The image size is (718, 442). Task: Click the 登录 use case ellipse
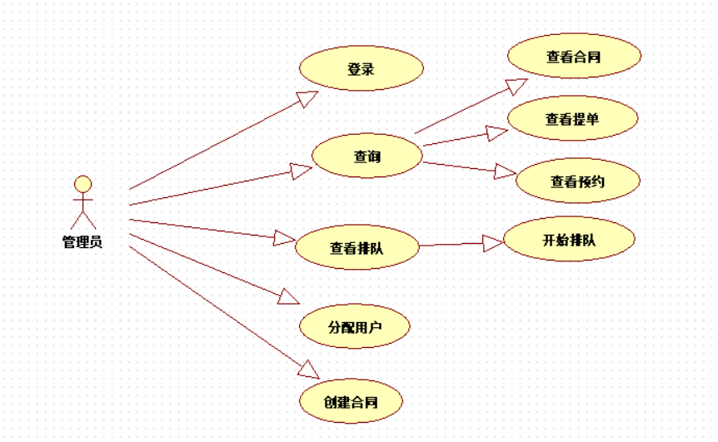[x=361, y=68]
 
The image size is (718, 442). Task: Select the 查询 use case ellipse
[x=366, y=154]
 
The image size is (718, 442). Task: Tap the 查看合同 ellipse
[x=574, y=56]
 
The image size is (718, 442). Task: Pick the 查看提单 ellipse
[x=572, y=118]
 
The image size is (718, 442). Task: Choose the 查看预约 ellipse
[x=577, y=181]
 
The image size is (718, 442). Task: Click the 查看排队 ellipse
[x=359, y=246]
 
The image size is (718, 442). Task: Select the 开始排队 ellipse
[x=569, y=240]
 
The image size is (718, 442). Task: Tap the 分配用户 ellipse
[x=355, y=325]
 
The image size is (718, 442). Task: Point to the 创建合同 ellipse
[x=352, y=402]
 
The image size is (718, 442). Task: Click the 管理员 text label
[x=82, y=242]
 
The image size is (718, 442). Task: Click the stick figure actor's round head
[x=82, y=184]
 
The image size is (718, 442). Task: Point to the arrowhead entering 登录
[x=308, y=98]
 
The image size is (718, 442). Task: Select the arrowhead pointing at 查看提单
[x=498, y=132]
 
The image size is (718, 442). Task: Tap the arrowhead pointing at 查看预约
[x=506, y=172]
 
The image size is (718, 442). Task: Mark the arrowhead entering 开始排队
[x=493, y=243]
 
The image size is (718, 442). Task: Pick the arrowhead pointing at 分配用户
[x=289, y=296]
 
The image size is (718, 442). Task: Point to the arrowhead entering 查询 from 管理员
[x=302, y=170]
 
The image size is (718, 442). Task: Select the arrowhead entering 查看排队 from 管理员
[x=285, y=240]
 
